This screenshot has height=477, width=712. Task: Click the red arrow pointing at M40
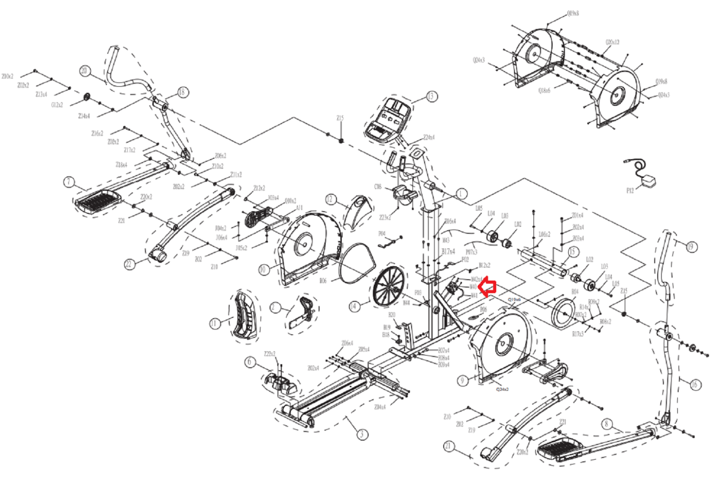point(489,287)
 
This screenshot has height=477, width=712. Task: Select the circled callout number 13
point(431,96)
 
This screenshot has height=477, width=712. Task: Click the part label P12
point(630,191)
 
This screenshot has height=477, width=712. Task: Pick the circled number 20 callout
point(85,71)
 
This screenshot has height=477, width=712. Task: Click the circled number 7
point(69,182)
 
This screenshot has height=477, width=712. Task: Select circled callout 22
point(129,264)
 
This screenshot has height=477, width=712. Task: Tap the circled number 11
point(214,323)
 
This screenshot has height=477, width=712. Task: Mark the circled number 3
point(363,434)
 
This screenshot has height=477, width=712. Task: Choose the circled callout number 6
point(249,362)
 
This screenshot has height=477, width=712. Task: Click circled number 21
point(448,445)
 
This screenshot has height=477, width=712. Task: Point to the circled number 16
point(694,385)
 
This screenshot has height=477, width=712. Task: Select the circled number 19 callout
point(691,247)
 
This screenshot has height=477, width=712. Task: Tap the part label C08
point(378,187)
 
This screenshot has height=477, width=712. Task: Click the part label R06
point(323,281)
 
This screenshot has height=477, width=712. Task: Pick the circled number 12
point(330,199)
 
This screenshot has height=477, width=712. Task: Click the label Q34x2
point(502,389)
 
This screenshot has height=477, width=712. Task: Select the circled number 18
point(182,92)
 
